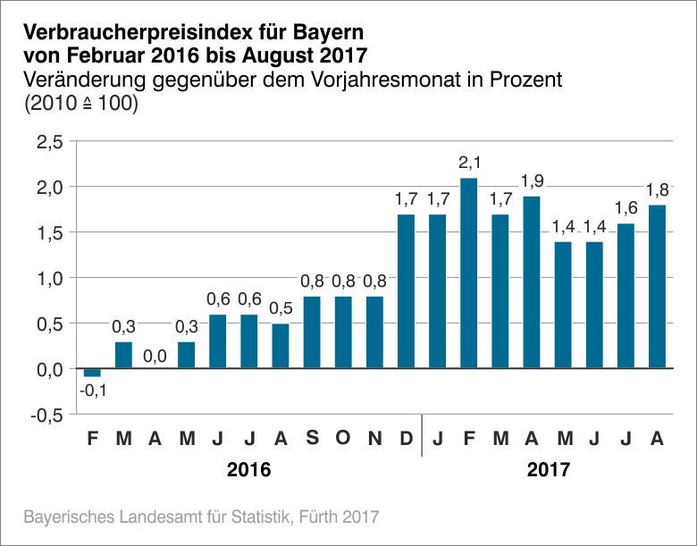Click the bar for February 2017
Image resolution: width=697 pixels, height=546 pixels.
[469, 273]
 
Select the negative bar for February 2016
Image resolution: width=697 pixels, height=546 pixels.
[92, 373]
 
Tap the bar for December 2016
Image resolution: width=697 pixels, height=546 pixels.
[407, 290]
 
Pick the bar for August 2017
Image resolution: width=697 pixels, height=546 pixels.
[658, 286]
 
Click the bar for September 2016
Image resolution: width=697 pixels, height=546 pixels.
[312, 332]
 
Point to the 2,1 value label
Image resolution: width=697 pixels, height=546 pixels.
[469, 163]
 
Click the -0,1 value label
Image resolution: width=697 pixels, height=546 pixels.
[92, 390]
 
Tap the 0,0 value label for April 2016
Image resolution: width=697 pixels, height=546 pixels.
[155, 356]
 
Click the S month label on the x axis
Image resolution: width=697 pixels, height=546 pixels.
[312, 439]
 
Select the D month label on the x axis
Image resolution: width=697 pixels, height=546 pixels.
[407, 439]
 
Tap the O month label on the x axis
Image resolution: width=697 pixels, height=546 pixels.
[344, 439]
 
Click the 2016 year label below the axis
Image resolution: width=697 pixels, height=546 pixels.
[248, 469]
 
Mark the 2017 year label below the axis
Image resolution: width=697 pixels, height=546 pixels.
[548, 469]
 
